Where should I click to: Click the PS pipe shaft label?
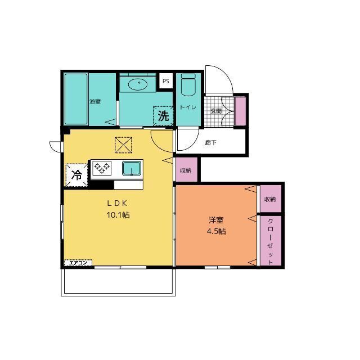[166, 81]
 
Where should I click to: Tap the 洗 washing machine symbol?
[163, 116]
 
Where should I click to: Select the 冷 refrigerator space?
[76, 175]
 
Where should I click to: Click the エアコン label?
[78, 263]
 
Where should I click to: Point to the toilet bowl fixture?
[188, 85]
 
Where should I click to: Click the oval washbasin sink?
[137, 85]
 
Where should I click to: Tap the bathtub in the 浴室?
[76, 99]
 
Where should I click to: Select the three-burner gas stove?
[102, 168]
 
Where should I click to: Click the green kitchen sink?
[132, 168]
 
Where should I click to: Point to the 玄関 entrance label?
[216, 111]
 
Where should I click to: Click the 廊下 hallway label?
[210, 143]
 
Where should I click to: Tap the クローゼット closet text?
[271, 241]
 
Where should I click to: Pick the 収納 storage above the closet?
[271, 199]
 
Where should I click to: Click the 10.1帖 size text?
[118, 215]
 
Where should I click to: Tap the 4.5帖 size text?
[216, 231]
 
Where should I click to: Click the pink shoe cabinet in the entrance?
[240, 111]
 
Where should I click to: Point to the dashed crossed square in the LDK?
[123, 145]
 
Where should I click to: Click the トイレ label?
[188, 107]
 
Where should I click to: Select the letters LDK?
[117, 203]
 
